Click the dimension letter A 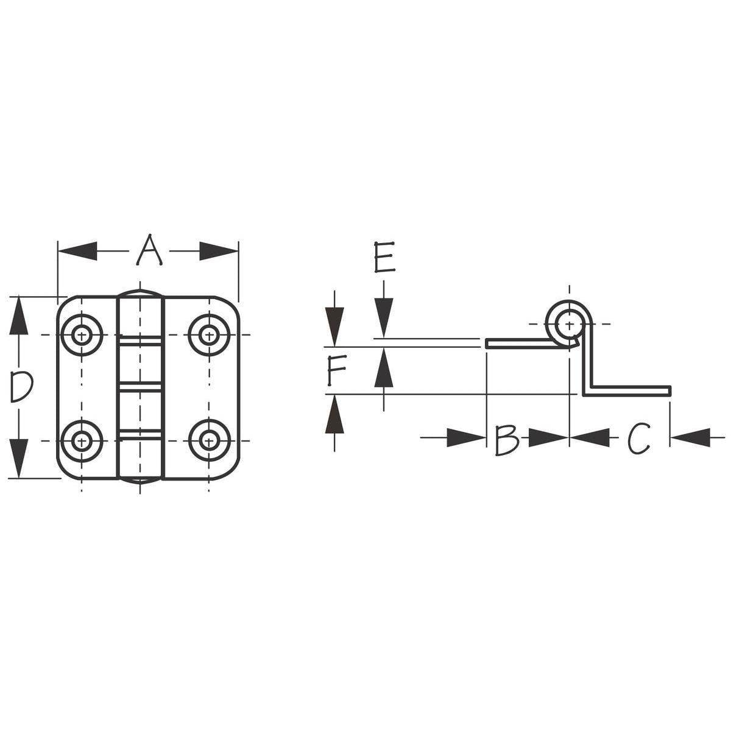[149, 250]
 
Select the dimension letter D [21, 387]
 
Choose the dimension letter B [506, 439]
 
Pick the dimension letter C [639, 439]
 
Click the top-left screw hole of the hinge [81, 335]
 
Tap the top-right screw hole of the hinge [209, 335]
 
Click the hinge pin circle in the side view [569, 323]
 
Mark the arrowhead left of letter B [466, 437]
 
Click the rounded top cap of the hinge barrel [140, 294]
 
